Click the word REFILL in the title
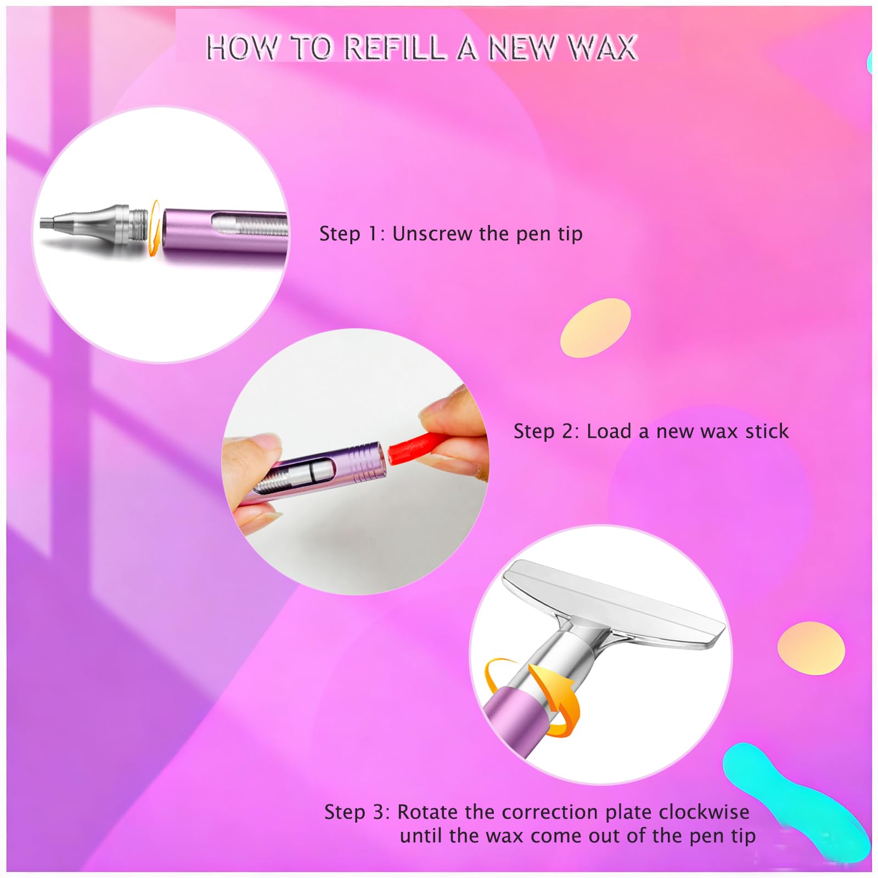point(395,48)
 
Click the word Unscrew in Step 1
point(432,234)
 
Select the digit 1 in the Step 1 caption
point(373,234)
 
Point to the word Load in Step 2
point(609,431)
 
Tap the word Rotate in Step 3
point(427,812)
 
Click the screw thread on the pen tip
point(139,223)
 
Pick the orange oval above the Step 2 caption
point(595,328)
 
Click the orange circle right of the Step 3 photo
point(811,649)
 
